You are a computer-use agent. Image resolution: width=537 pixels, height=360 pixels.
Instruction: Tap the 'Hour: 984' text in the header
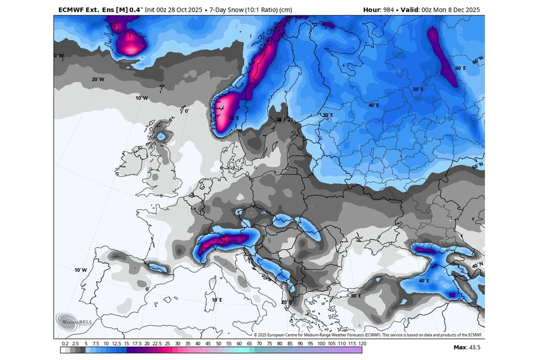click(380, 9)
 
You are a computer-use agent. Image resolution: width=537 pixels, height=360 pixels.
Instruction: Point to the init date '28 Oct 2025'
click(182, 9)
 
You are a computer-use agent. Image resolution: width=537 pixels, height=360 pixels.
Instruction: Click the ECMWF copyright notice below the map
click(368, 335)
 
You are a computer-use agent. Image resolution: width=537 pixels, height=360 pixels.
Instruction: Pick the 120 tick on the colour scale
click(362, 343)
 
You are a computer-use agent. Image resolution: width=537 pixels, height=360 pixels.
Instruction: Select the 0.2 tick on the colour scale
click(65, 343)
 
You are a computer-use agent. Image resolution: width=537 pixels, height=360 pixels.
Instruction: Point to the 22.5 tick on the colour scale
click(157, 343)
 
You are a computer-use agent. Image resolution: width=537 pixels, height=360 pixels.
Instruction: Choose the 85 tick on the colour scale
click(290, 343)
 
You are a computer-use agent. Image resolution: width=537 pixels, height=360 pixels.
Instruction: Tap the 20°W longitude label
click(98, 79)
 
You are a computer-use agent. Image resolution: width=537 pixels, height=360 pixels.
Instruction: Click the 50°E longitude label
click(418, 89)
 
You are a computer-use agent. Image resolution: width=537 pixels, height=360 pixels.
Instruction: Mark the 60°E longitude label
click(460, 68)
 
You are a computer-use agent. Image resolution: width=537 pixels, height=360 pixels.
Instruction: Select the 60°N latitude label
click(478, 59)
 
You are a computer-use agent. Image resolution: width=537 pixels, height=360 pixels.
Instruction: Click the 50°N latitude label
click(478, 166)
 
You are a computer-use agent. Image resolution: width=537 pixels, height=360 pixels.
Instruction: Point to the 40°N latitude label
click(478, 266)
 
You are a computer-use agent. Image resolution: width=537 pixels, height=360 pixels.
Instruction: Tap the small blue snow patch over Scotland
click(162, 137)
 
